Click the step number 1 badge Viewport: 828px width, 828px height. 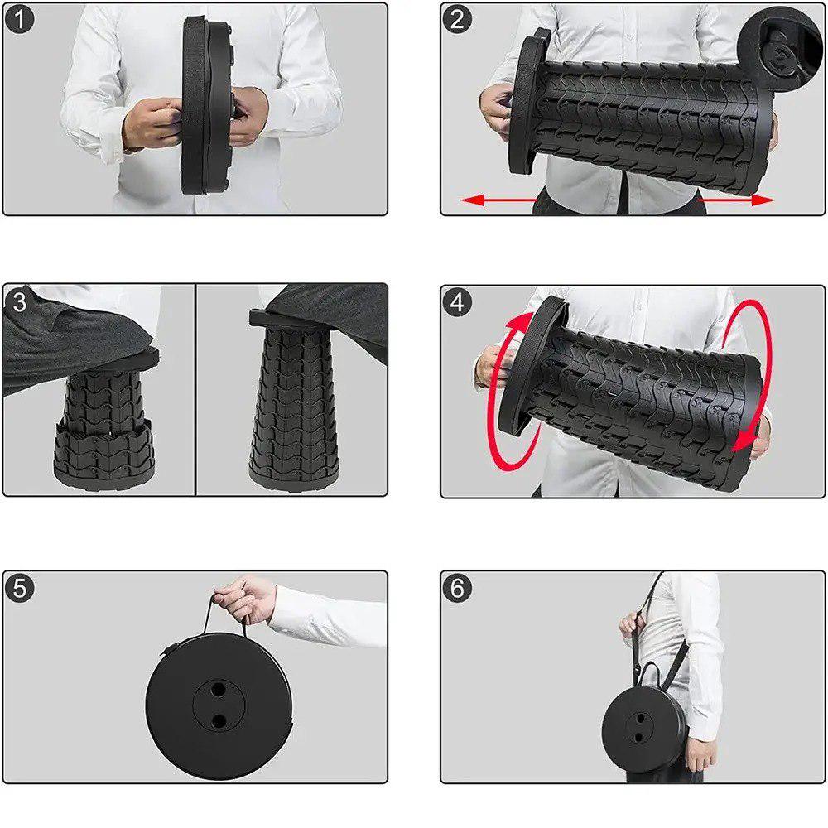click(19, 20)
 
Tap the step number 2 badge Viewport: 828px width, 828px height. click(457, 20)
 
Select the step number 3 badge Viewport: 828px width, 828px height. click(19, 302)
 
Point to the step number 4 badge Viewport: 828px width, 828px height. click(457, 302)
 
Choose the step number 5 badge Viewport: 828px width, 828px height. click(20, 588)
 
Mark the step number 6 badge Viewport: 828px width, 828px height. click(457, 588)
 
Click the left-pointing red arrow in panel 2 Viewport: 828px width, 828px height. click(499, 200)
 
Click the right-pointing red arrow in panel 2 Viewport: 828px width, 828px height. click(737, 200)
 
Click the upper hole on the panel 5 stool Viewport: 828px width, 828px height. click(218, 689)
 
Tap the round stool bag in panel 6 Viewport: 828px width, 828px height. click(644, 729)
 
